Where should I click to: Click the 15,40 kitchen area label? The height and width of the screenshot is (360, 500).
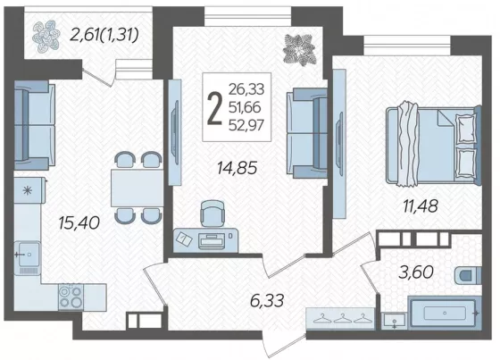(79, 222)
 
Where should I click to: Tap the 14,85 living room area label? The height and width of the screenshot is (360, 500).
(237, 168)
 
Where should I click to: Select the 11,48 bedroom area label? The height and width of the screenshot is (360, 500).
(421, 205)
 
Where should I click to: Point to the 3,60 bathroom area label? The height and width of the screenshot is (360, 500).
(416, 272)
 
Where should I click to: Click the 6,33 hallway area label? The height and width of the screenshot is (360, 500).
(267, 301)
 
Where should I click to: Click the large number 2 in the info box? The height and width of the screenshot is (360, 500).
(214, 107)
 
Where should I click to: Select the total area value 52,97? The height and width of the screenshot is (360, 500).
(246, 125)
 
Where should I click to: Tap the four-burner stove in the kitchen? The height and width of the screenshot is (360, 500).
(71, 297)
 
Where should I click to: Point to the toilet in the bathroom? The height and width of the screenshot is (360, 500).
(468, 275)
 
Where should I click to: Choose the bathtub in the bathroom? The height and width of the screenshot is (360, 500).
(445, 313)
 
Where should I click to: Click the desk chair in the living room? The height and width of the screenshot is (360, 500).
(212, 213)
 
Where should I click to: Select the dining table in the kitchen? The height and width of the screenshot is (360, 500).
(137, 188)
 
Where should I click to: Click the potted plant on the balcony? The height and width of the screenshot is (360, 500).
(46, 37)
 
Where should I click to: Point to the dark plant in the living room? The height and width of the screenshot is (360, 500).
(300, 49)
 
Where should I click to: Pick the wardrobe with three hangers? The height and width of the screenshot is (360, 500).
(340, 318)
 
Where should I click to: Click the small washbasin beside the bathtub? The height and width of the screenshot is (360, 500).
(395, 320)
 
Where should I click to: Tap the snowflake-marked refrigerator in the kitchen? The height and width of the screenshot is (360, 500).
(29, 190)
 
